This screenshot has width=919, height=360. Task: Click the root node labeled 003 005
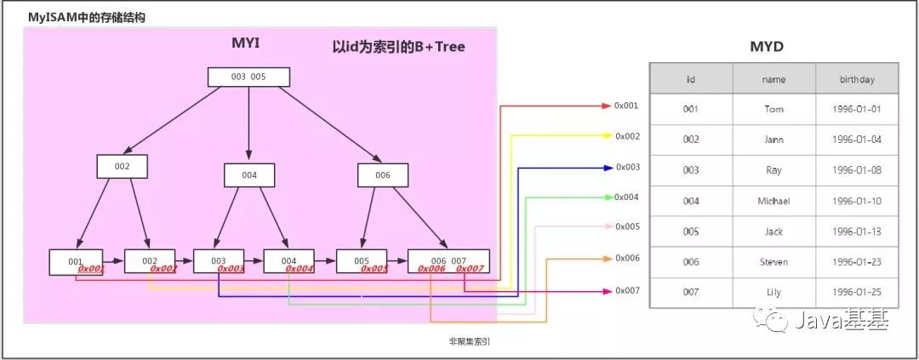(x=248, y=77)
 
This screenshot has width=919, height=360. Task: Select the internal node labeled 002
(x=123, y=166)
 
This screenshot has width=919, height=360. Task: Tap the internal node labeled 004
(x=249, y=174)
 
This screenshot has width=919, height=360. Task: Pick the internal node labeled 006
(x=382, y=174)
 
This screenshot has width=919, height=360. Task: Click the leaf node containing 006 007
(x=448, y=260)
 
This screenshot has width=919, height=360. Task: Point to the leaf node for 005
(x=362, y=260)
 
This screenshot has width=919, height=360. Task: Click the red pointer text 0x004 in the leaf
(x=300, y=269)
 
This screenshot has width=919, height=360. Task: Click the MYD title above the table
(x=772, y=47)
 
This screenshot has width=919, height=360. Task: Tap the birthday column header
(x=856, y=79)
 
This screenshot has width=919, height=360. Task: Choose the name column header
(x=773, y=79)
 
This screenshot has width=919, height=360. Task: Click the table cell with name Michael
(x=773, y=201)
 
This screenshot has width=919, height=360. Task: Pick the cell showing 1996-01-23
(x=856, y=262)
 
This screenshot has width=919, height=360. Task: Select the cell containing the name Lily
(x=773, y=293)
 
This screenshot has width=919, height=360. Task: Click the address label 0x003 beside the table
(x=626, y=167)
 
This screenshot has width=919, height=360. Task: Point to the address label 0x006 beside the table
(x=626, y=258)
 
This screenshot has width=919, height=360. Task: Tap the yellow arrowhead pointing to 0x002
(x=607, y=136)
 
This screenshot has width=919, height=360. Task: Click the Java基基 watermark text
(x=842, y=322)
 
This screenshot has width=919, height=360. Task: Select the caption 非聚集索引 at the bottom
(x=469, y=341)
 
